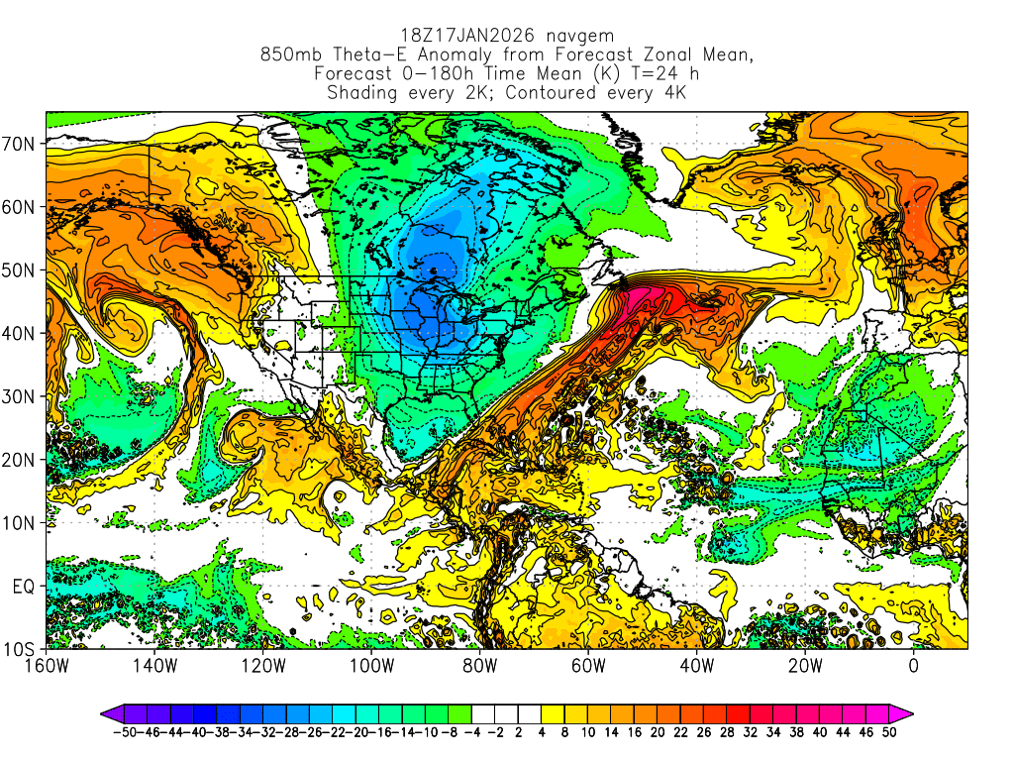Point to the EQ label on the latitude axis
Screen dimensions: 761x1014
[24, 587]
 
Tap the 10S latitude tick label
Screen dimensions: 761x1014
[21, 650]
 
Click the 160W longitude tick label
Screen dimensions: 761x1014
[47, 665]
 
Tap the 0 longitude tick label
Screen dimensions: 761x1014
[913, 665]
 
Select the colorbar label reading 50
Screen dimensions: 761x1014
[891, 732]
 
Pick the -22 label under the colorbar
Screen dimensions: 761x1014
[339, 732]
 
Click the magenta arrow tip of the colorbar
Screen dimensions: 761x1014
[905, 712]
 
